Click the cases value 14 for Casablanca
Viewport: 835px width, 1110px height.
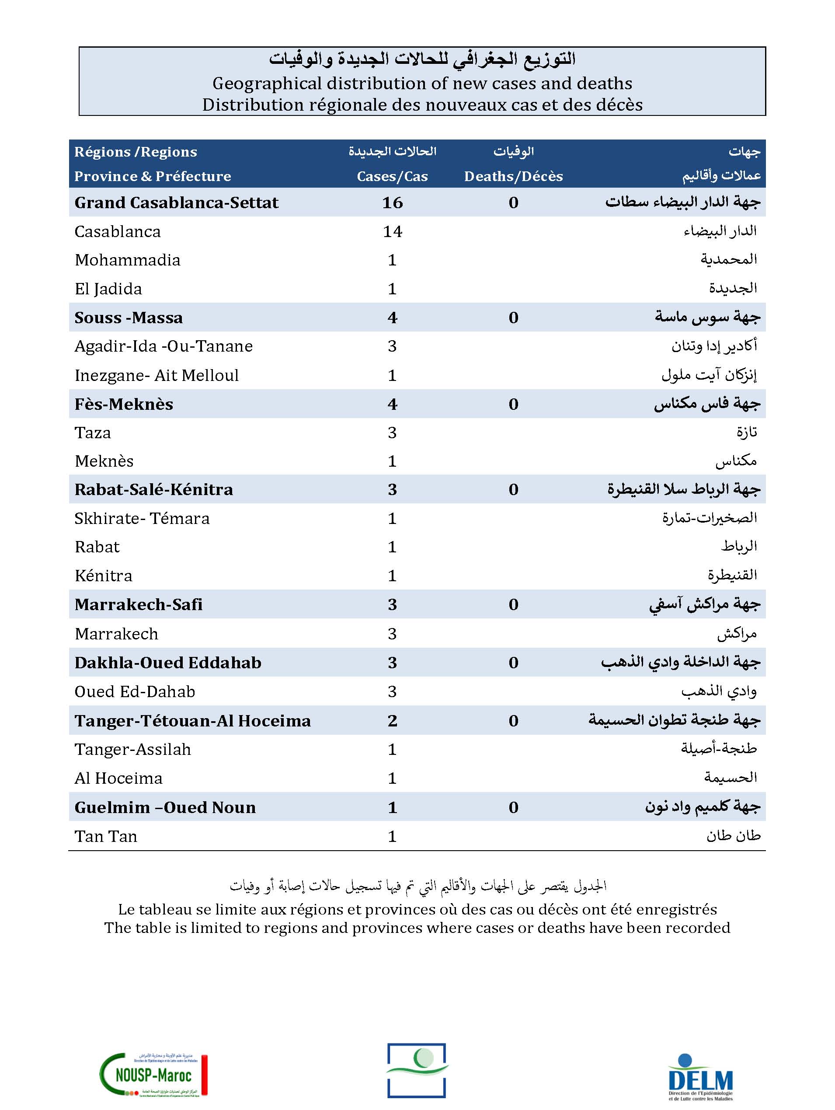(392, 231)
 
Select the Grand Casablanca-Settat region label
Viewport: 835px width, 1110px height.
(176, 203)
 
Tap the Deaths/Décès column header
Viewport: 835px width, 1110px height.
(513, 176)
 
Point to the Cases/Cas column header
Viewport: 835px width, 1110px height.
(392, 176)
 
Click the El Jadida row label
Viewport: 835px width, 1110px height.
(108, 289)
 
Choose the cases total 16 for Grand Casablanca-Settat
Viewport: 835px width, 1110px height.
(392, 203)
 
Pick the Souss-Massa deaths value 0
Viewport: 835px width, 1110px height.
(513, 318)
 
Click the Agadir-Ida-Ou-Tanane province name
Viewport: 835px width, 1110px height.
(164, 346)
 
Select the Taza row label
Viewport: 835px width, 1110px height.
(93, 433)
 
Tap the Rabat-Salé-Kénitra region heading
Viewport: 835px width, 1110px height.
(153, 490)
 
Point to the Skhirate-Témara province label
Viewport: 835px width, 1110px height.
(142, 518)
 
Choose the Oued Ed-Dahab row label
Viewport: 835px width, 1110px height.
(134, 691)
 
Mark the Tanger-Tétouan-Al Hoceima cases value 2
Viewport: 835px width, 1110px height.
(392, 721)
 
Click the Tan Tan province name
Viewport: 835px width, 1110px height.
(106, 836)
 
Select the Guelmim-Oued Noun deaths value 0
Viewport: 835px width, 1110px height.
(513, 807)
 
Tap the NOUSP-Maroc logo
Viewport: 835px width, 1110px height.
(153, 1075)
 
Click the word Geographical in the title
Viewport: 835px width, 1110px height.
(267, 83)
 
